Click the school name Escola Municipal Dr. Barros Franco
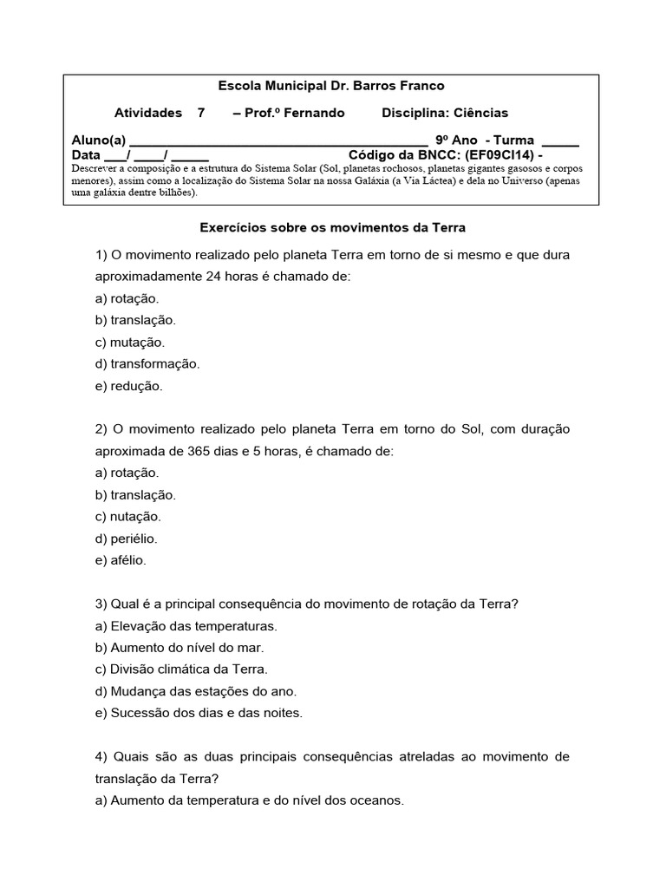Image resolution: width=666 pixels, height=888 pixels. [x=330, y=86]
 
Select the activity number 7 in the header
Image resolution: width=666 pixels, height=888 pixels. [x=201, y=113]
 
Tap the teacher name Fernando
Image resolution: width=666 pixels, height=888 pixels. [x=313, y=113]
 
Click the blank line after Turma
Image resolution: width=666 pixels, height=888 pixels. [x=559, y=140]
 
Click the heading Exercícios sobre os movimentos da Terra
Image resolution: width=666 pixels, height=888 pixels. [x=333, y=227]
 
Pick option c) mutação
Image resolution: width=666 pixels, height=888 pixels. [x=129, y=343]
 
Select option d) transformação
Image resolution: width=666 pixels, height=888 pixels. [x=147, y=364]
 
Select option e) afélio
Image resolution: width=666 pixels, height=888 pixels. [x=121, y=560]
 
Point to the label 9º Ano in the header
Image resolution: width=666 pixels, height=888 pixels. [x=456, y=140]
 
